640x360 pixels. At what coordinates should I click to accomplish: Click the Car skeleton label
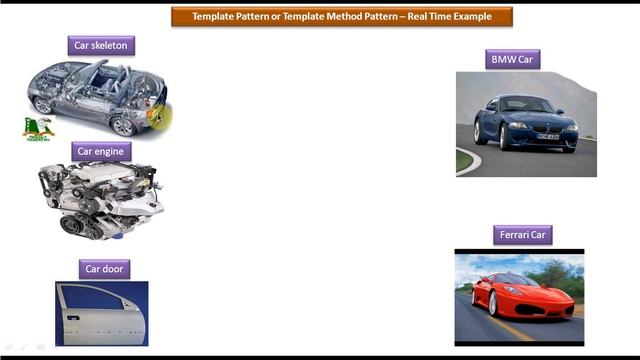tap(101, 45)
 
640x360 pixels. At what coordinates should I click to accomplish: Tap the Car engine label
tap(101, 151)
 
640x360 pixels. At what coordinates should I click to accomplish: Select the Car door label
tap(105, 268)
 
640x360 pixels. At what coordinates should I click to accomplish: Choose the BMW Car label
tap(513, 59)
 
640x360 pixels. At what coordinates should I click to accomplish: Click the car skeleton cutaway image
tap(95, 95)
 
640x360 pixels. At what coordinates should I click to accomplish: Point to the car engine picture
tap(100, 199)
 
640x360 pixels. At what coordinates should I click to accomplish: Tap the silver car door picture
tap(102, 313)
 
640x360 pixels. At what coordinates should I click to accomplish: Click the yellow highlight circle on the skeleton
tap(159, 116)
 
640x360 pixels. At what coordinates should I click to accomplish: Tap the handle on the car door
tap(72, 317)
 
